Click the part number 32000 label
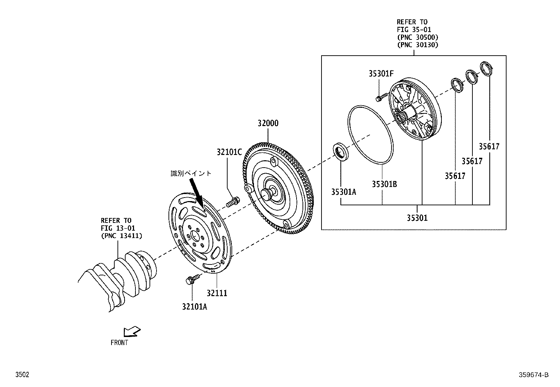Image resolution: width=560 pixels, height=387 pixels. pos(268,123)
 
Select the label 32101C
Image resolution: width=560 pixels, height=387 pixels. pos(229,152)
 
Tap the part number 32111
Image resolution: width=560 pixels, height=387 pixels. pos(217,293)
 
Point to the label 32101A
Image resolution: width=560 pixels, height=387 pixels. pos(195,307)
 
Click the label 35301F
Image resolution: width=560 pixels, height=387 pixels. pos(381,74)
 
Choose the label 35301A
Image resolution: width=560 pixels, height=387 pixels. pos(343,192)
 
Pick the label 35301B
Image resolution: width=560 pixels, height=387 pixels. pos(384,184)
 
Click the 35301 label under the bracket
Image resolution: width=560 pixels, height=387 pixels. pos(417,218)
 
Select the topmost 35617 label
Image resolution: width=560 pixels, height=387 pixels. pos(489,146)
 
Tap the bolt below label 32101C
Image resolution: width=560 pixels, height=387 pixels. pos(233,202)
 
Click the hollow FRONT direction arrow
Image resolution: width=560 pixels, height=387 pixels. pos(132,331)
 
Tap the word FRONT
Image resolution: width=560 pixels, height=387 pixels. pos(119,342)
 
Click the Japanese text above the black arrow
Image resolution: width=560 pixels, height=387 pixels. pos(191,173)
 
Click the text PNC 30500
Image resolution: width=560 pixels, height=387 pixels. pos(418,37)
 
